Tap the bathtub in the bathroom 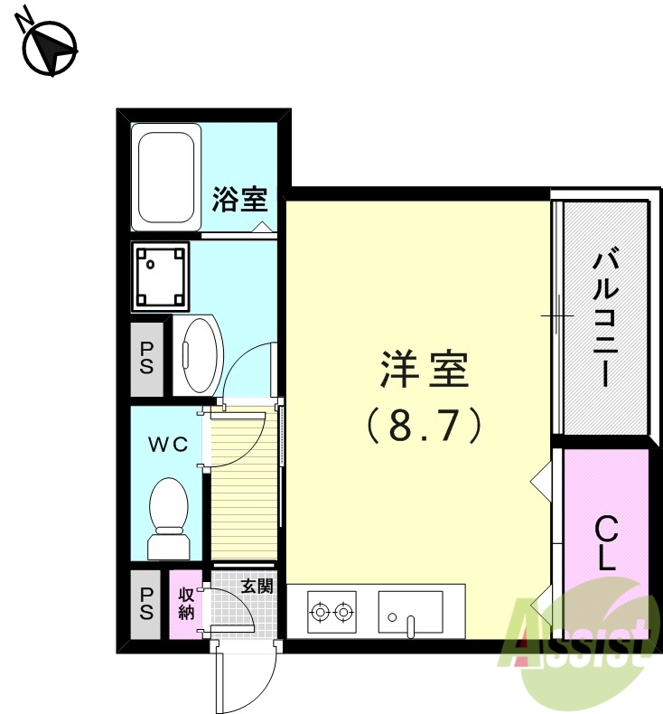click(165, 178)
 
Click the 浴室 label click(239, 199)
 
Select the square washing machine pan click(161, 274)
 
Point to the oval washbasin click(199, 354)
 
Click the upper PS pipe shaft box click(145, 359)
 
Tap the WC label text click(168, 444)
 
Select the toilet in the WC click(168, 518)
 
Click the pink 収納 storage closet click(185, 605)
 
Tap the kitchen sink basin click(410, 611)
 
